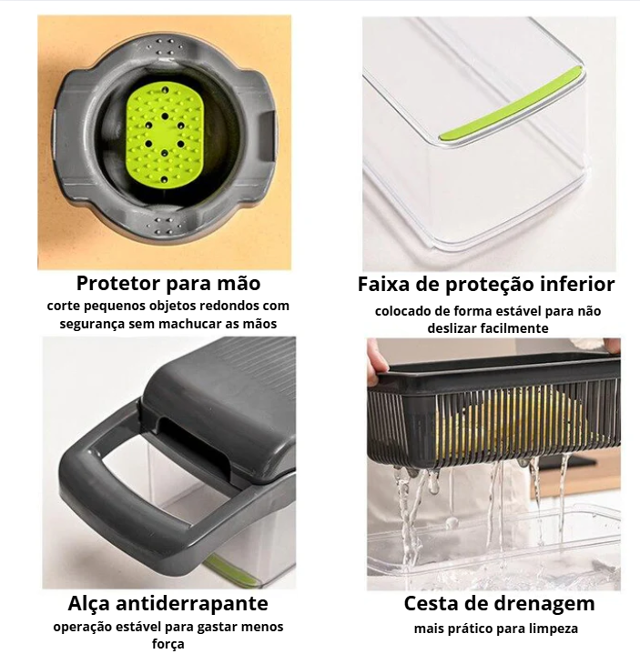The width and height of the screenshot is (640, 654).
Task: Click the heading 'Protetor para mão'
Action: click(x=168, y=283)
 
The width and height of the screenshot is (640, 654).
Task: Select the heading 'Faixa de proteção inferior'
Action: click(x=486, y=285)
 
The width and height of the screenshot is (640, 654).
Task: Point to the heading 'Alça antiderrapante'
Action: click(x=168, y=604)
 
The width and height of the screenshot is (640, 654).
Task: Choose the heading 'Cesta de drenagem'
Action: click(x=499, y=604)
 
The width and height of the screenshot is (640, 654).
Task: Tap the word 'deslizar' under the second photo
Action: click(x=452, y=328)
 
